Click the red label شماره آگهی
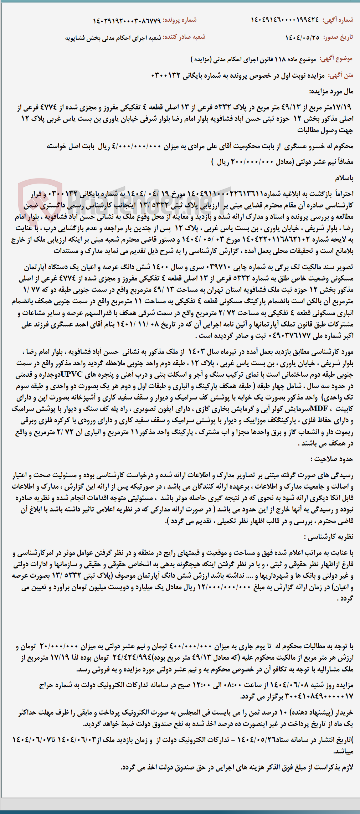(338, 20)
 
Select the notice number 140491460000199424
(285, 20)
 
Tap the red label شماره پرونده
(180, 20)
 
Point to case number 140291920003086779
(127, 21)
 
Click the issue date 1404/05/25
(302, 37)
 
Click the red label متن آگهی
(341, 76)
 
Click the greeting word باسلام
(344, 178)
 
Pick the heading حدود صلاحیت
(331, 459)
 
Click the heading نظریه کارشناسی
(329, 537)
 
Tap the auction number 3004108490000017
(303, 696)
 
